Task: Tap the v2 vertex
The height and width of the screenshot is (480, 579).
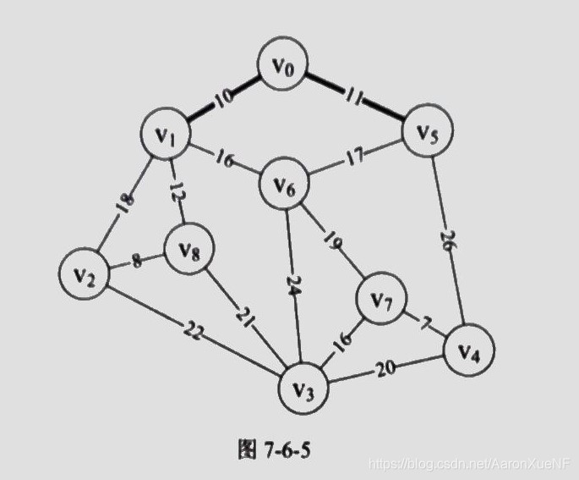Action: [x=84, y=275]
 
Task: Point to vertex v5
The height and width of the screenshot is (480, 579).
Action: [x=428, y=131]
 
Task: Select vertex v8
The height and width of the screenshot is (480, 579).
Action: [x=189, y=249]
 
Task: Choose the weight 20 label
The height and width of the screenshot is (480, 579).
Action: [x=386, y=370]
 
